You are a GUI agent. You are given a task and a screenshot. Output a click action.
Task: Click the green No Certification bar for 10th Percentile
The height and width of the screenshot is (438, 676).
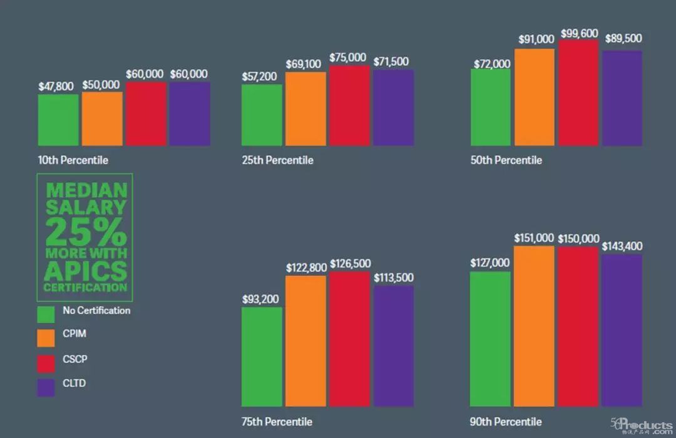point(58,120)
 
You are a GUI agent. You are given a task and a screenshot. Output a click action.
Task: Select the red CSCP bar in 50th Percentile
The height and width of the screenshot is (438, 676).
point(578,93)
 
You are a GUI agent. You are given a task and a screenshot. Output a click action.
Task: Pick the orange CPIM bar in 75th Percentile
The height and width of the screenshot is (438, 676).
point(306,341)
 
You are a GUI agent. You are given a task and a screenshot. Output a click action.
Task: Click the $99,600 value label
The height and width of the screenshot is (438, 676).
point(579,33)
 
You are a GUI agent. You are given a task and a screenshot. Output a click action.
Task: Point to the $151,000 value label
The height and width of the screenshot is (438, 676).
point(534,238)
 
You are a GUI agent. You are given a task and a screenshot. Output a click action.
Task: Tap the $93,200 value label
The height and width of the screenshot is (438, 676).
point(261,299)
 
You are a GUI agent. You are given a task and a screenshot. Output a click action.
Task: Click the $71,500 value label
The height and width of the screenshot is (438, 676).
point(393,61)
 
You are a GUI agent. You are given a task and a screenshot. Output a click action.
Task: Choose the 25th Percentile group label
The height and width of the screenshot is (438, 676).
point(277,160)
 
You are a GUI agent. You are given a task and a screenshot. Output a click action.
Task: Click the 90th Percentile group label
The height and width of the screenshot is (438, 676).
point(506,421)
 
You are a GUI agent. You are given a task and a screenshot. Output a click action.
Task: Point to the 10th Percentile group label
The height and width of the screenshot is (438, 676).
point(73,160)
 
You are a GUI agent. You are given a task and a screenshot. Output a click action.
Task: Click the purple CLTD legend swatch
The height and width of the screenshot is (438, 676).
point(46,387)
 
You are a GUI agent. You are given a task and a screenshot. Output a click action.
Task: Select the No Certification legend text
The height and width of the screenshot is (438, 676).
point(96,310)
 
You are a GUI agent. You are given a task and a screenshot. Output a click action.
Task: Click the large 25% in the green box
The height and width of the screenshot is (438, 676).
point(85,232)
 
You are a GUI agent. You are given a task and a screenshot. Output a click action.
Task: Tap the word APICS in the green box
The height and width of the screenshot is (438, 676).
point(85,271)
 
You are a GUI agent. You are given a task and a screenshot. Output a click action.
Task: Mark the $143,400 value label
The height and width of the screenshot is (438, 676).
point(622,247)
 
